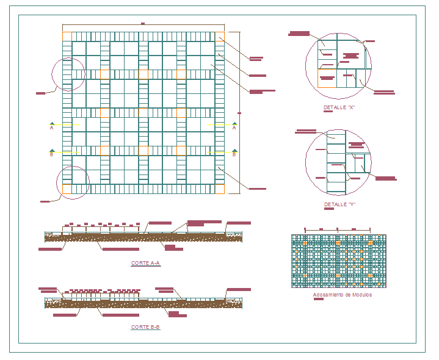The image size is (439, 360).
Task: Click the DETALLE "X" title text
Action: click(x=339, y=107)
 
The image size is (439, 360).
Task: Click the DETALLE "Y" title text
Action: click(x=339, y=204)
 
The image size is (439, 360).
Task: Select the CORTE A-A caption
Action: click(x=145, y=264)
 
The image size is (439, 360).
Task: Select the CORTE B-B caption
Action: click(x=145, y=328)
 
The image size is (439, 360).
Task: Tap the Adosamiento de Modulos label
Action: click(x=342, y=295)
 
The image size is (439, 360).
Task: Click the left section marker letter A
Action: click(x=52, y=128)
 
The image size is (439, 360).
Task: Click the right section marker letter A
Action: click(x=234, y=128)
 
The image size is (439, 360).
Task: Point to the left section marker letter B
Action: click(x=52, y=155)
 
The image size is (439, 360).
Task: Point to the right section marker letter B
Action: click(x=234, y=155)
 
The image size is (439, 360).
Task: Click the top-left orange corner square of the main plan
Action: click(x=67, y=36)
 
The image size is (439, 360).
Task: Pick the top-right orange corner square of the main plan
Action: click(x=219, y=36)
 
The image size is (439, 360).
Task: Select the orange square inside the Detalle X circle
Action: click(x=322, y=74)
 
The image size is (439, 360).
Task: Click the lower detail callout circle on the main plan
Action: click(x=73, y=182)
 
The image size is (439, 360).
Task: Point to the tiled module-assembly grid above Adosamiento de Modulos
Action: click(x=338, y=261)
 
